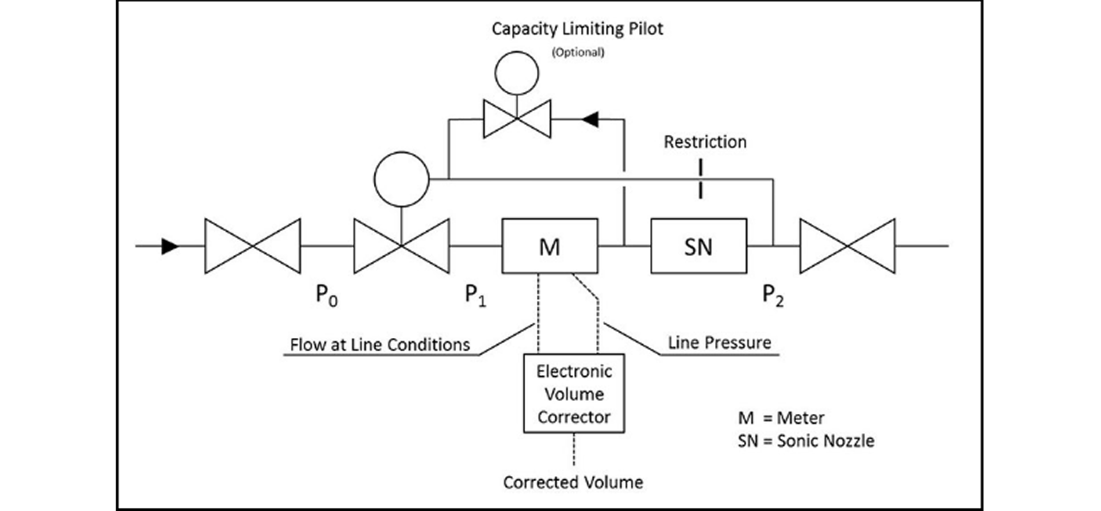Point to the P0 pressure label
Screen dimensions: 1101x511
327,296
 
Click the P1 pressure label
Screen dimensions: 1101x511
475,296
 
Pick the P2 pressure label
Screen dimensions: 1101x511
773,296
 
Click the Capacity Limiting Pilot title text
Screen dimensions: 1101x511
578,29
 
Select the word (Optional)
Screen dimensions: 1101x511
578,52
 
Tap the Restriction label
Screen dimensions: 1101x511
705,142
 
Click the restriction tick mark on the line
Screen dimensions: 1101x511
701,179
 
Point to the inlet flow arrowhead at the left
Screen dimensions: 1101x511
170,246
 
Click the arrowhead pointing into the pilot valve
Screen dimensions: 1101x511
590,119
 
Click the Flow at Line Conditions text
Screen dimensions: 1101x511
380,345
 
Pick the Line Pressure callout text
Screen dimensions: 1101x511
720,343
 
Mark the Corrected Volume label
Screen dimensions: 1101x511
573,482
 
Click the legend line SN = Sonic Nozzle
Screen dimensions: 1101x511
806,441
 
